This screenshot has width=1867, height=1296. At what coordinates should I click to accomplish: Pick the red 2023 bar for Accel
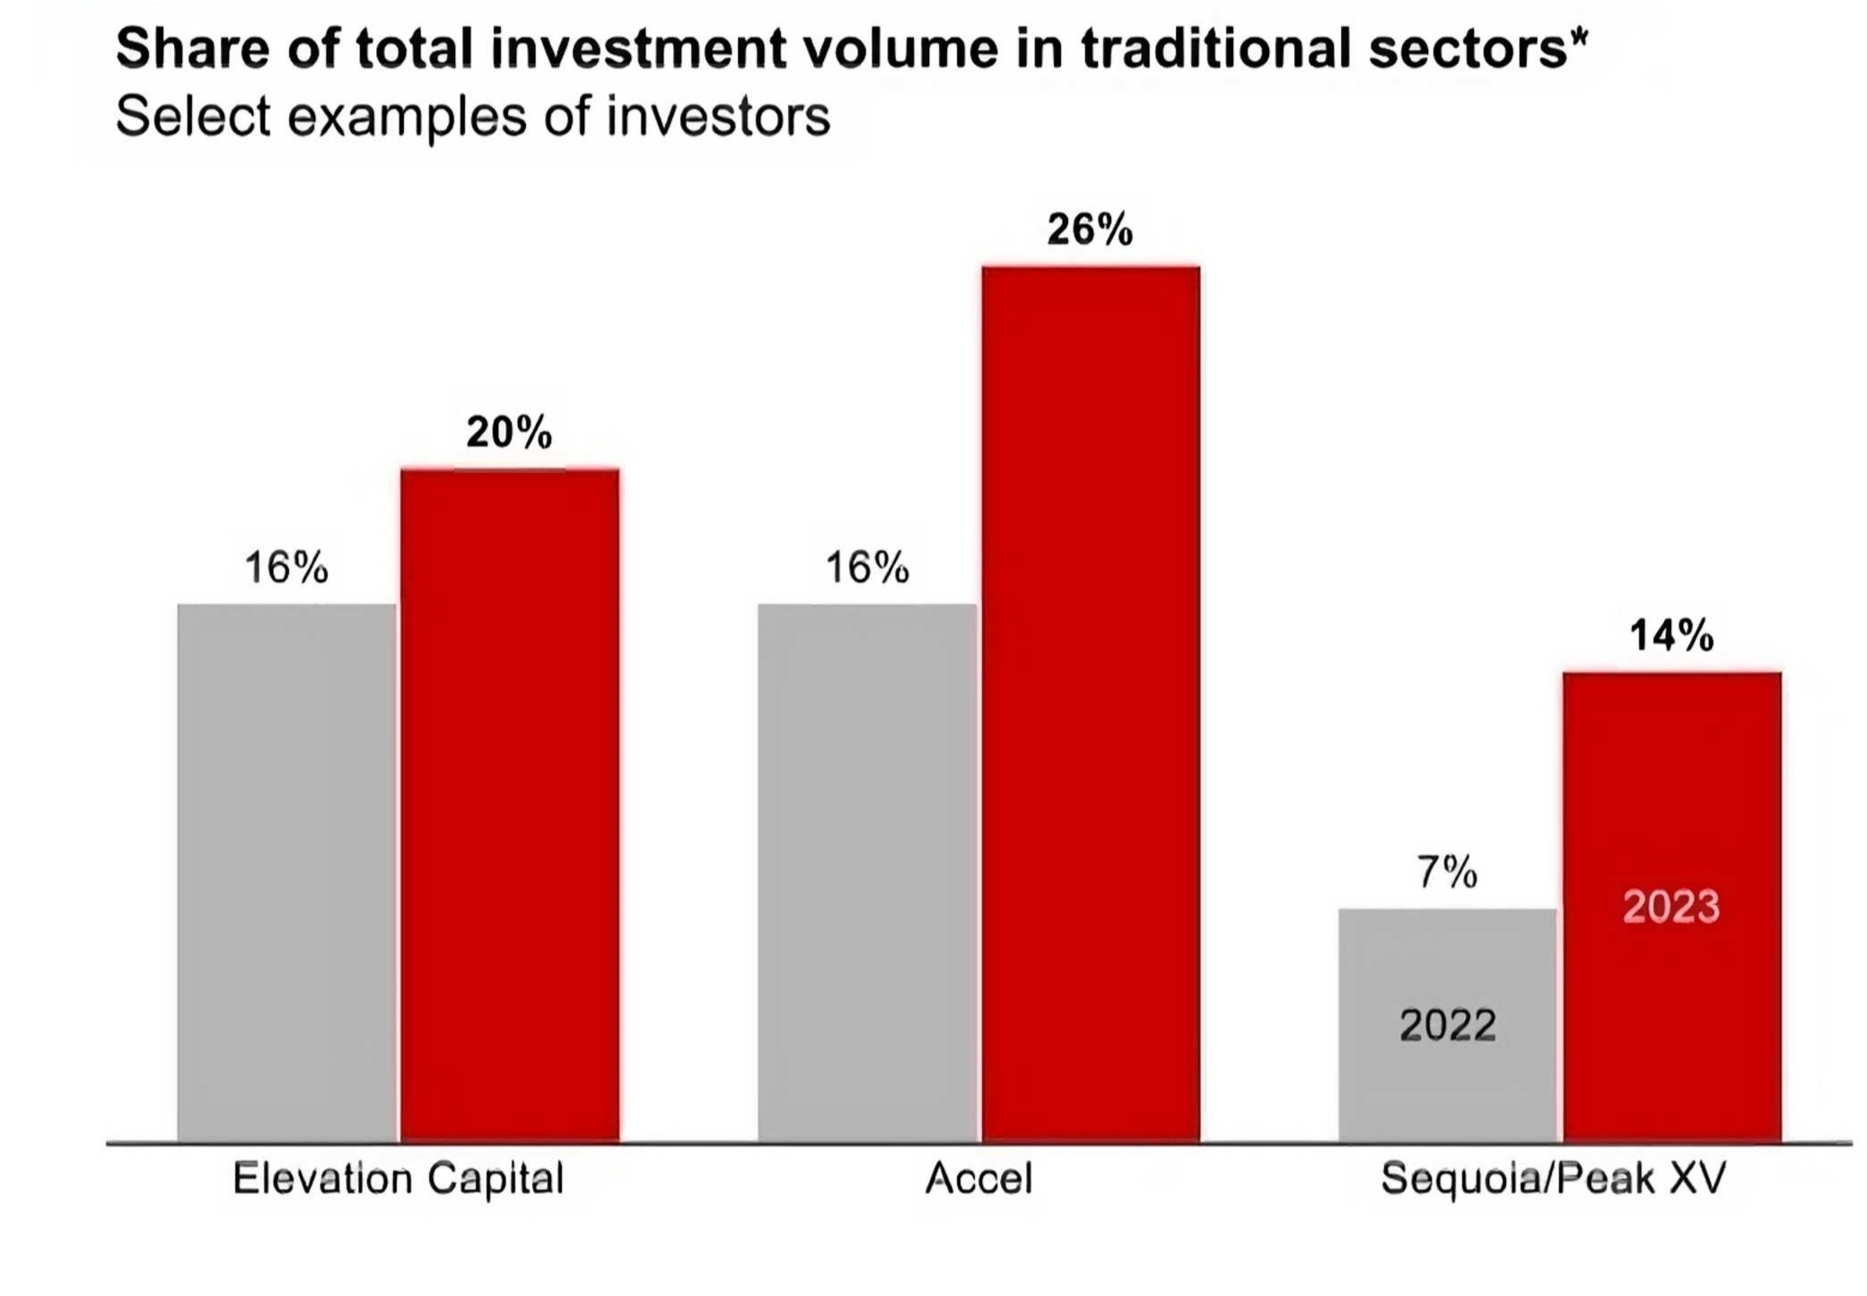point(1091,704)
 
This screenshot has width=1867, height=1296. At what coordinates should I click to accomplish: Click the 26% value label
point(1090,230)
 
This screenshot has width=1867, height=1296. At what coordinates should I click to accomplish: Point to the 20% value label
point(509,433)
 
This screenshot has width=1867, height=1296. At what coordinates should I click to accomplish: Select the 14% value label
point(1671,635)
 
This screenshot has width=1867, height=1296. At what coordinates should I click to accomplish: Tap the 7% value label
point(1447,871)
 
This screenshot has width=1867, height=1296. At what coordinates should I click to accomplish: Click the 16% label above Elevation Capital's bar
point(286,568)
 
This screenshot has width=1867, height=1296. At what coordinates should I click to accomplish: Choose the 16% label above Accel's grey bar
point(867,568)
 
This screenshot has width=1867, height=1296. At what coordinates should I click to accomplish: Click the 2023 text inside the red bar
point(1671,906)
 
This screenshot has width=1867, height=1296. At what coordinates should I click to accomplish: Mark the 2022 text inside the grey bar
point(1448,1025)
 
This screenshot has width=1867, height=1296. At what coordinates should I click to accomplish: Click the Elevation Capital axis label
point(398,1178)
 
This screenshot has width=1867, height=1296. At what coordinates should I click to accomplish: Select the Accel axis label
point(978,1178)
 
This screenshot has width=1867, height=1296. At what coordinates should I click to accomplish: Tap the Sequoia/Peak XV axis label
point(1553,1178)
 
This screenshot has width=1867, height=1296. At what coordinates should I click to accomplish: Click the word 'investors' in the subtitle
point(718,117)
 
